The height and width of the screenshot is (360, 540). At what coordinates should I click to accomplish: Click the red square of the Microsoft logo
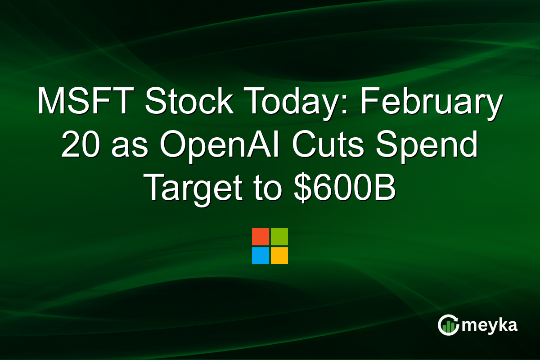[x=261, y=237]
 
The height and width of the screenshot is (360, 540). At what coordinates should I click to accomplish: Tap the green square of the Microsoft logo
[x=279, y=237]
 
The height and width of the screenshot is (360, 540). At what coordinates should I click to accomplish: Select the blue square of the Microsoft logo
[x=261, y=256]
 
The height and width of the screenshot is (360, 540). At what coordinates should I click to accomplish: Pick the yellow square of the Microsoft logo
[x=279, y=256]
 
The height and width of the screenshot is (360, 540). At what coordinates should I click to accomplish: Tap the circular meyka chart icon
[x=448, y=325]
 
